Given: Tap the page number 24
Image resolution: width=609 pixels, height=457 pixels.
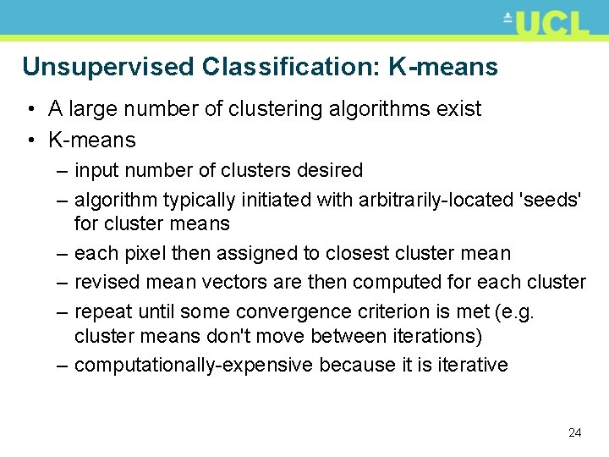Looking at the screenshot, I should pos(575,432).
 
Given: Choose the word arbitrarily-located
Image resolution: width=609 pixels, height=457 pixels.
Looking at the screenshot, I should pos(433,200).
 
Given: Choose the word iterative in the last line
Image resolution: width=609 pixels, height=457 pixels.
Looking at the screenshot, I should pos(474,366).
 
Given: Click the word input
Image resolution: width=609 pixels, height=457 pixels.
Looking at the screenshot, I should pos(95,170).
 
